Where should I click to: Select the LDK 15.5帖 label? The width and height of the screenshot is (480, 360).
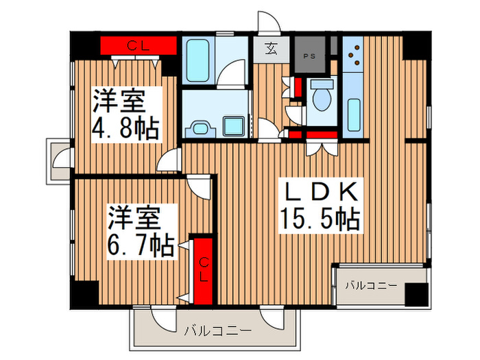(319, 205)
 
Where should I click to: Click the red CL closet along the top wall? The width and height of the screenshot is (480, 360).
(139, 46)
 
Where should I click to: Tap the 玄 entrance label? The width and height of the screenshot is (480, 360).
(272, 50)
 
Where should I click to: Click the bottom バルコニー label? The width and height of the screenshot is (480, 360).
(217, 331)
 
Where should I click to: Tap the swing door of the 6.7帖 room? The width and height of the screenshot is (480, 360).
(200, 184)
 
